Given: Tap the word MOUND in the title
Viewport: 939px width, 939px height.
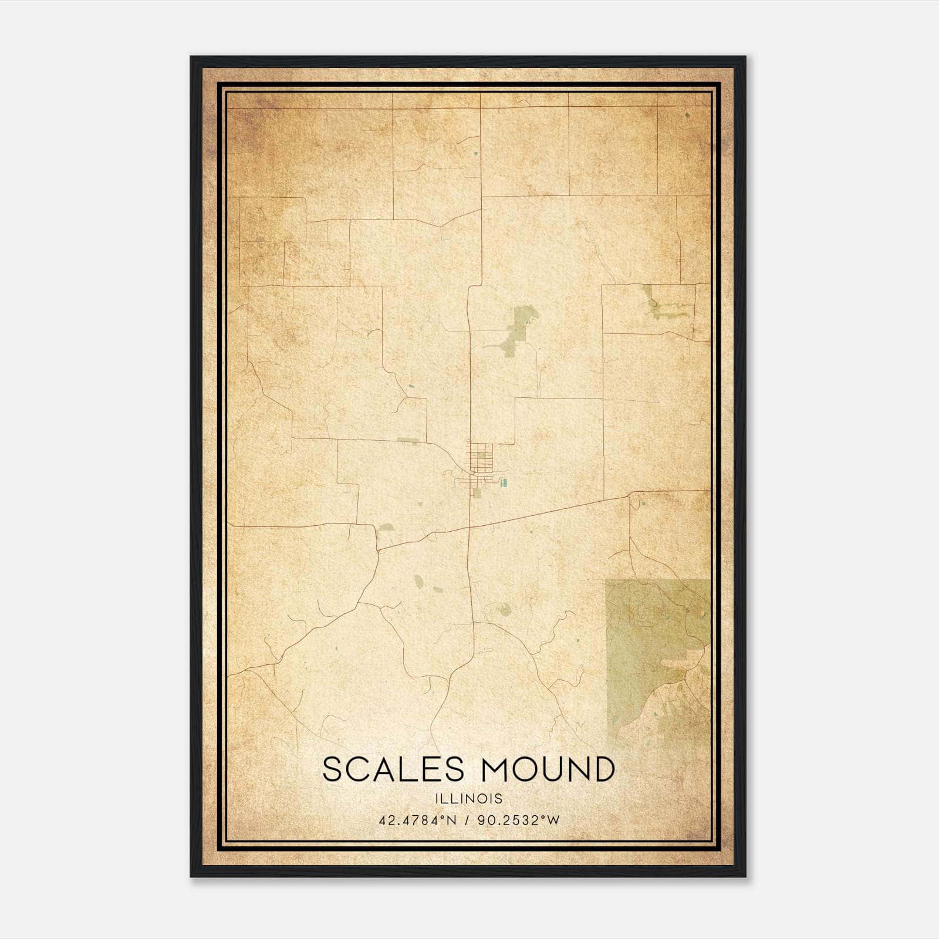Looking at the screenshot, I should pyautogui.click(x=549, y=769).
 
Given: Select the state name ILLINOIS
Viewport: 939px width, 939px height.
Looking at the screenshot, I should pyautogui.click(x=469, y=799).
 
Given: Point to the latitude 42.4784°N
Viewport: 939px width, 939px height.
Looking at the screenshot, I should pyautogui.click(x=417, y=820).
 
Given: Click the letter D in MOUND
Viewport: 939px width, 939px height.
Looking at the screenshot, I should pyautogui.click(x=603, y=769).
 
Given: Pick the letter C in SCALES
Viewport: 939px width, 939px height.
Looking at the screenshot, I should pyautogui.click(x=357, y=769).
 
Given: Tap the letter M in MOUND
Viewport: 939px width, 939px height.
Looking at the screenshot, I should pyautogui.click(x=496, y=769).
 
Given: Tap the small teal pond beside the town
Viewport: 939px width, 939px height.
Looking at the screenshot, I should pyautogui.click(x=504, y=483).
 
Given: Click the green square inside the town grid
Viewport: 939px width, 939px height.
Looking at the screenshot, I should pyautogui.click(x=484, y=452).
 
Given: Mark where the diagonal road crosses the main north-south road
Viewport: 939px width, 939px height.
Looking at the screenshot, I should pyautogui.click(x=469, y=527).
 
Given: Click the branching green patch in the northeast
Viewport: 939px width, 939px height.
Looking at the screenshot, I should pyautogui.click(x=660, y=305).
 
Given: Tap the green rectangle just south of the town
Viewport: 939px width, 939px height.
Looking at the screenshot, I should pyautogui.click(x=477, y=494).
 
